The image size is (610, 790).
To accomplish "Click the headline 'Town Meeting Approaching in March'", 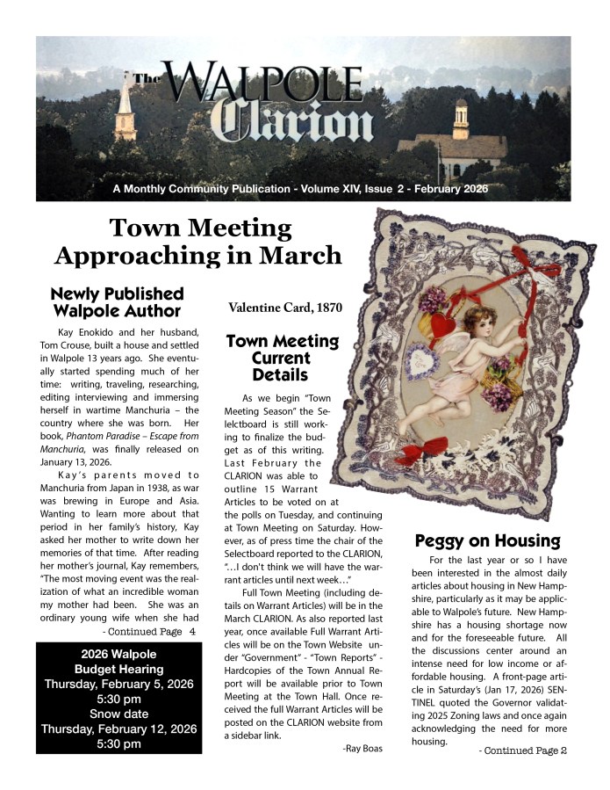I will pos(197,242).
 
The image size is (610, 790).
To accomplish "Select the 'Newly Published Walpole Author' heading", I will pos(117,302).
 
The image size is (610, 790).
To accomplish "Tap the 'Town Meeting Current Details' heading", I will pos(282,359).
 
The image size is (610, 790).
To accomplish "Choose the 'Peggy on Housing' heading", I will pos(486,540).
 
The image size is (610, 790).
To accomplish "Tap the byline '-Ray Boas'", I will pos(362,748).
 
